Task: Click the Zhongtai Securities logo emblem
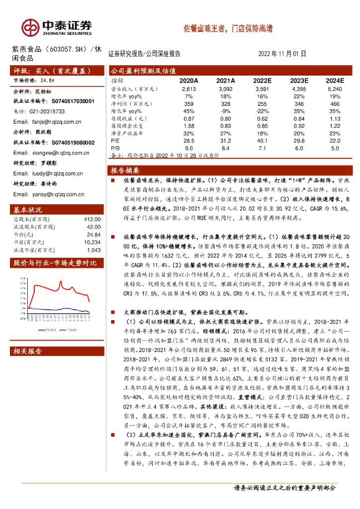[x=31, y=27]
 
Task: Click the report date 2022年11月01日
[x=282, y=54]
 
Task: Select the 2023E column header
[x=299, y=81]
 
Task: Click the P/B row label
[x=115, y=148]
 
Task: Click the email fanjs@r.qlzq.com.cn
[x=47, y=121]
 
